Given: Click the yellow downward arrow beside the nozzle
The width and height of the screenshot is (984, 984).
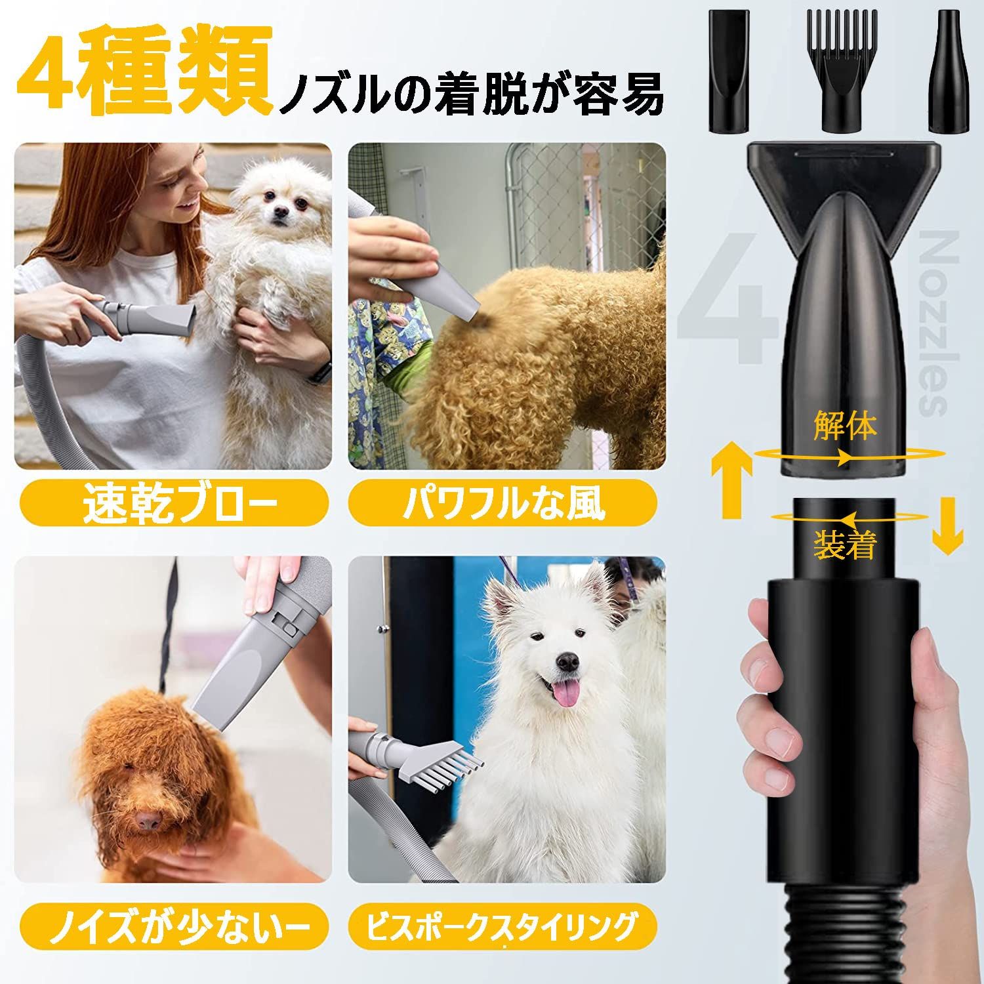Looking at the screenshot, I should pos(947,525).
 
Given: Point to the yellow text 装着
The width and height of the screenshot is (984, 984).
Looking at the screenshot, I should pos(845,544).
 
